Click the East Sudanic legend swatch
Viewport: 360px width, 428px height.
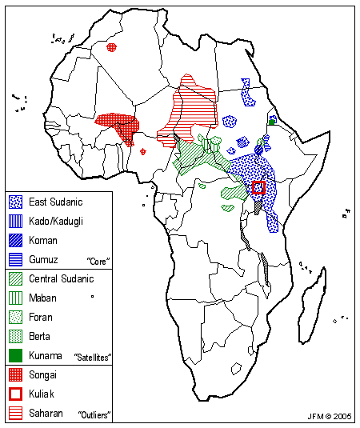pyautogui.click(x=15, y=202)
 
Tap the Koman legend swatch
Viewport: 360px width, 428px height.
pyautogui.click(x=15, y=239)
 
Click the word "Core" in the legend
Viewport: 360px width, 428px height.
pyautogui.click(x=97, y=261)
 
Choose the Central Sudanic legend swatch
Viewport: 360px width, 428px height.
pyautogui.click(x=15, y=278)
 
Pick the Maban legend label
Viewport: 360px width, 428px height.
pyautogui.click(x=42, y=298)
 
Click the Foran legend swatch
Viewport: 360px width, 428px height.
pyautogui.click(x=15, y=317)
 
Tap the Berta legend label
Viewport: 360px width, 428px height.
pyautogui.click(x=40, y=336)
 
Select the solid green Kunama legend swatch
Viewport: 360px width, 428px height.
pyautogui.click(x=15, y=355)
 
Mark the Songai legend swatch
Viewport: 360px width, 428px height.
pyautogui.click(x=15, y=374)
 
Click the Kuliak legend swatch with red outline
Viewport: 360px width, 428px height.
pyautogui.click(x=15, y=394)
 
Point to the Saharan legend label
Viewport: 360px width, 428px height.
pyautogui.click(x=46, y=413)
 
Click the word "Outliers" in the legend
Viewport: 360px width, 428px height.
pyautogui.click(x=94, y=415)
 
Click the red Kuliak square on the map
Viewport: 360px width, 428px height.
pyautogui.click(x=258, y=188)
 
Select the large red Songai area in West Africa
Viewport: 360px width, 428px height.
pyautogui.click(x=118, y=124)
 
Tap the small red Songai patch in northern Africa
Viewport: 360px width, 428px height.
pyautogui.click(x=111, y=47)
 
